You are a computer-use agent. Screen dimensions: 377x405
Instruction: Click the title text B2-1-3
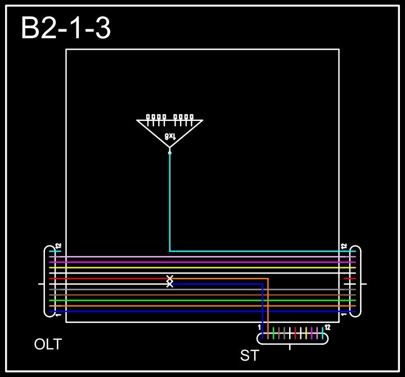(66, 28)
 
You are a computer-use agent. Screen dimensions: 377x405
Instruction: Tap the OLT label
(48, 344)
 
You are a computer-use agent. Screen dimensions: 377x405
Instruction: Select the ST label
(250, 356)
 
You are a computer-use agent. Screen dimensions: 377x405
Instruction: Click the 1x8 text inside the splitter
(170, 136)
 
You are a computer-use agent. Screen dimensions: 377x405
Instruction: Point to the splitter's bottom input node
(170, 152)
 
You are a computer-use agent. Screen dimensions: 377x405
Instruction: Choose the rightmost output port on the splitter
(192, 118)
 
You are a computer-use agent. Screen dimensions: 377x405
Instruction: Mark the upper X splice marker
(170, 278)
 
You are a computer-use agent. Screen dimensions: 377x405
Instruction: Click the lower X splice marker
(170, 284)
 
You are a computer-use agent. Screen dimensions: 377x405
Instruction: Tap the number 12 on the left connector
(58, 246)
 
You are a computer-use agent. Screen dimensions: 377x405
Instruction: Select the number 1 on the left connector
(58, 315)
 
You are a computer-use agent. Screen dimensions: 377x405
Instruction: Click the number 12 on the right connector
(344, 246)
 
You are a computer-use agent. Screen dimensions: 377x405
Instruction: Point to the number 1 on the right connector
(344, 315)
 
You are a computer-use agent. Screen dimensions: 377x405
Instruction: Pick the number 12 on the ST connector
(327, 327)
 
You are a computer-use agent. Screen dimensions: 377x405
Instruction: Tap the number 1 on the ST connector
(259, 327)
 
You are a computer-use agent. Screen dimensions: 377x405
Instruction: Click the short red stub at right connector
(349, 279)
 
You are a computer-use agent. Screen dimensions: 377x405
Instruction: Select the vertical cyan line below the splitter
(170, 203)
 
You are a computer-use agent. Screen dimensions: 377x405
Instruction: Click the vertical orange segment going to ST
(268, 304)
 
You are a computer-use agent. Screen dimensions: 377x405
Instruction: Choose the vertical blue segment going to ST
(263, 309)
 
